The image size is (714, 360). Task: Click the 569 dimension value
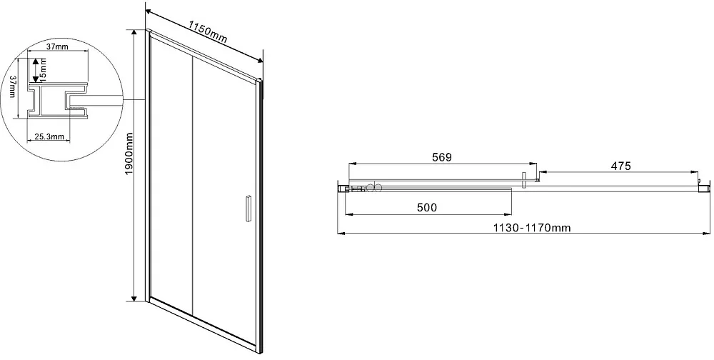point(441,157)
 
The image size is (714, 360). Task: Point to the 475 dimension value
point(620,166)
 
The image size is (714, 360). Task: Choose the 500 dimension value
point(427,208)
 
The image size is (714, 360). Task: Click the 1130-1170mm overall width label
point(532,227)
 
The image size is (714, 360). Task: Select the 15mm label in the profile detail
point(44,69)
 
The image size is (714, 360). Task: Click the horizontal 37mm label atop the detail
point(57,47)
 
